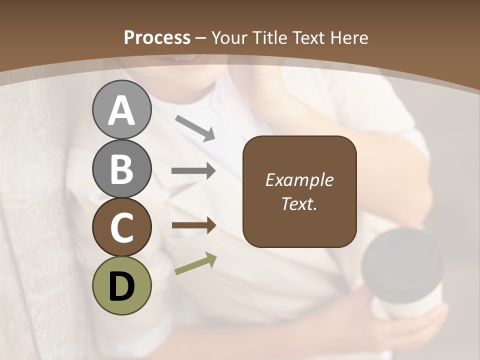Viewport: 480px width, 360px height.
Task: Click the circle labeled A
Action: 121,110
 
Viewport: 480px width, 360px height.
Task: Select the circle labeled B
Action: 121,168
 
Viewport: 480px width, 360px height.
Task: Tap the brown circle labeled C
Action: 121,227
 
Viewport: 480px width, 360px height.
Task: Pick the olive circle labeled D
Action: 121,285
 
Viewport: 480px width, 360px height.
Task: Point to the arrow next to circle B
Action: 193,171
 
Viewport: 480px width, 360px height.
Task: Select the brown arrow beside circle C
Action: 193,225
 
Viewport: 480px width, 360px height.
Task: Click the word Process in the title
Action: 157,37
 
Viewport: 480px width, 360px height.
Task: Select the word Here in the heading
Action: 349,37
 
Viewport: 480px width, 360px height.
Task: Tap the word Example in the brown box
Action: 299,180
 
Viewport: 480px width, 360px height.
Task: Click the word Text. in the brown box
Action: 299,203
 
